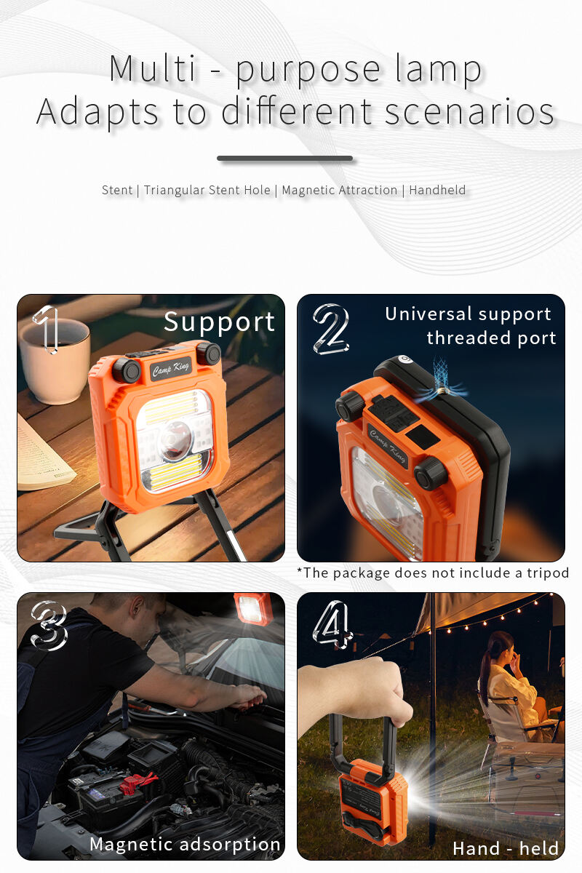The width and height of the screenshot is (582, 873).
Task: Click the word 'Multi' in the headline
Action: (152, 68)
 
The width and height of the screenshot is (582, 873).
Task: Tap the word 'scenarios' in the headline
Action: (469, 111)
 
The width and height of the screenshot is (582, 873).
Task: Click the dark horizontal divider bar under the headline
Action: (285, 159)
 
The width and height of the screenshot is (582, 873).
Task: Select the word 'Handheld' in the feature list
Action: (437, 190)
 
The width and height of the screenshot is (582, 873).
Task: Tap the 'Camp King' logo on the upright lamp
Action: (171, 368)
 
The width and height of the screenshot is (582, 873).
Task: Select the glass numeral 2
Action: (331, 330)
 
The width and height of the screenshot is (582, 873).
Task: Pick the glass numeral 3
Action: (49, 626)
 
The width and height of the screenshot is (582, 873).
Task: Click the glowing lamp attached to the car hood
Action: (252, 608)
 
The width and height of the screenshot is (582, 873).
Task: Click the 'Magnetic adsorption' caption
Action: (185, 844)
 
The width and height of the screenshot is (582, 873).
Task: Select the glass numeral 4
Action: (332, 625)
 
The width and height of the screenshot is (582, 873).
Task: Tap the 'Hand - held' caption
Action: (506, 848)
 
